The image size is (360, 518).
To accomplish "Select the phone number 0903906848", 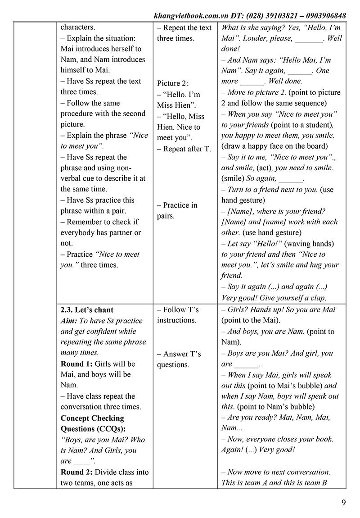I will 324,16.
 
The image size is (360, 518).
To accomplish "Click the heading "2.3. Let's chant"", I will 87,310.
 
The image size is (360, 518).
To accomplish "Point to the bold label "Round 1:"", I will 76,364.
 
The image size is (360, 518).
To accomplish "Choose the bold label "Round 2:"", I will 76,472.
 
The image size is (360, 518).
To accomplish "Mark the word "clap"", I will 317,298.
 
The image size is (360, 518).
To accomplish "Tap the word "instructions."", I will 177,320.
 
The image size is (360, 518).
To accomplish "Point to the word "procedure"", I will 79,114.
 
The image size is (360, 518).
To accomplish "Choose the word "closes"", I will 291,439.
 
